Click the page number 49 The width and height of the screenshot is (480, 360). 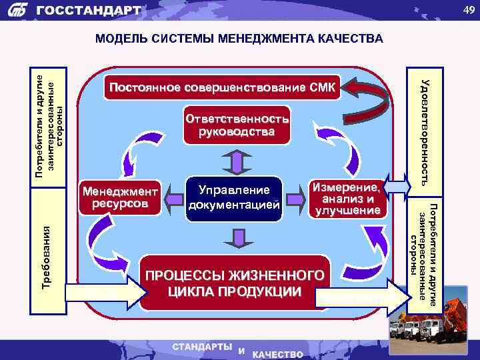click(465, 9)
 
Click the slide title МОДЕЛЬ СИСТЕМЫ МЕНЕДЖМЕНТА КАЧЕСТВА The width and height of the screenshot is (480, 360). click(239, 39)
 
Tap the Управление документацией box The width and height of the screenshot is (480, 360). click(233, 198)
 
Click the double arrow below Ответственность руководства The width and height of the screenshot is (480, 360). click(236, 161)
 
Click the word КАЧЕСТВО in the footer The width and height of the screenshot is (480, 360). click(277, 354)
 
